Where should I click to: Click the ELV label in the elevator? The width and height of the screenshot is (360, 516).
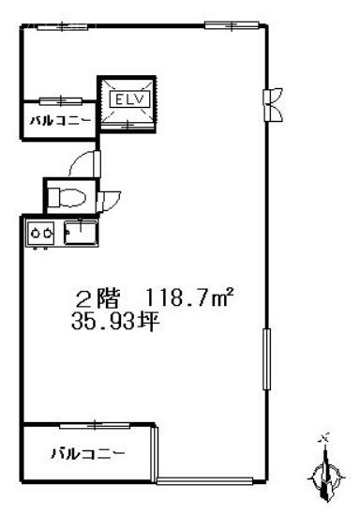[126, 98]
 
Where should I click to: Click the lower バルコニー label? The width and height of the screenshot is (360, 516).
[87, 454]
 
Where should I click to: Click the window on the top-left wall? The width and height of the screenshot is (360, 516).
[52, 26]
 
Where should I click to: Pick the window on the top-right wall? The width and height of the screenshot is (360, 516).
[221, 24]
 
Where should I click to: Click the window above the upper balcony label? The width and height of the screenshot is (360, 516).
[58, 99]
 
